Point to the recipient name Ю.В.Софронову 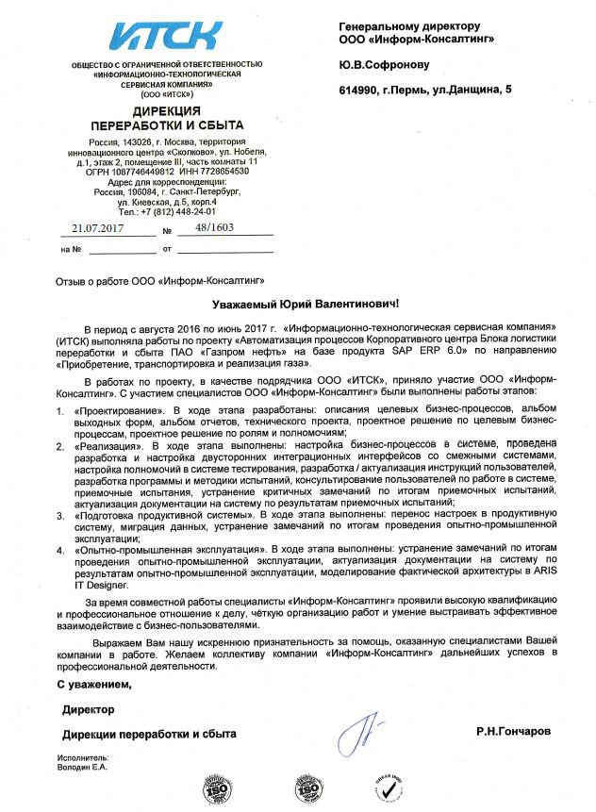pos(384,64)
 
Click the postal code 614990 pos(358,89)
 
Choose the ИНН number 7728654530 pos(223,172)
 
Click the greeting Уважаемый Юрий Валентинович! pos(304,304)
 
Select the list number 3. pos(58,515)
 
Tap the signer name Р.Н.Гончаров pos(515,731)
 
